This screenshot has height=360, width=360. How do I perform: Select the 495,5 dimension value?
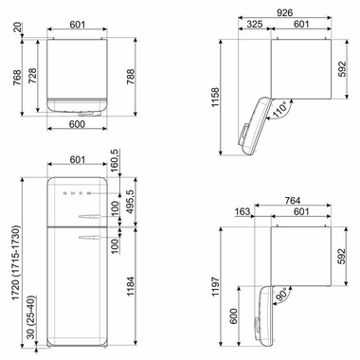pos(140,206)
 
